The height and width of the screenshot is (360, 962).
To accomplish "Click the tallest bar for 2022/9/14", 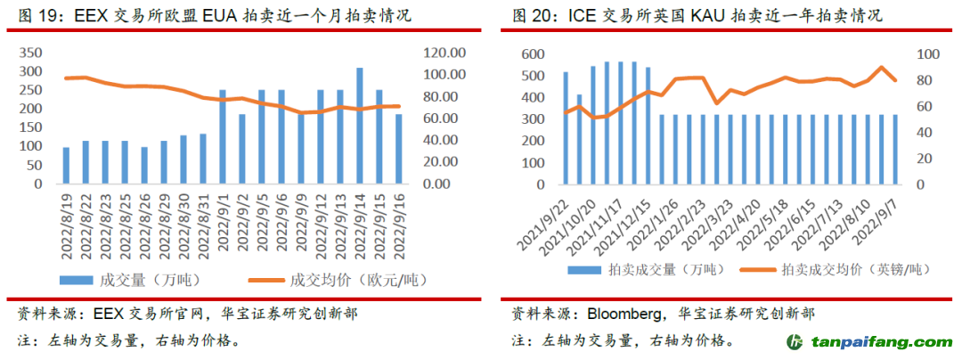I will click(359, 126).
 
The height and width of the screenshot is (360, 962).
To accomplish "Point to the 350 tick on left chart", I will click(30, 52).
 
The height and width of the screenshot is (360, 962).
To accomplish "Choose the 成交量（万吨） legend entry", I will click(130, 280).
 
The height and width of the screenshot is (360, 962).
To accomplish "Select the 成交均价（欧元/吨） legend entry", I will click(344, 280).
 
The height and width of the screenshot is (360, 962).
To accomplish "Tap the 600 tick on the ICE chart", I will click(534, 54).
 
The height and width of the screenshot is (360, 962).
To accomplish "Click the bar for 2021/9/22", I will click(566, 129).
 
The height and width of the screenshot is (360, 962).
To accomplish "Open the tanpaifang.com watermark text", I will click(881, 343).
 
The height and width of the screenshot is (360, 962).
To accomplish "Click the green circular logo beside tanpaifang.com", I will click(795, 343).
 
